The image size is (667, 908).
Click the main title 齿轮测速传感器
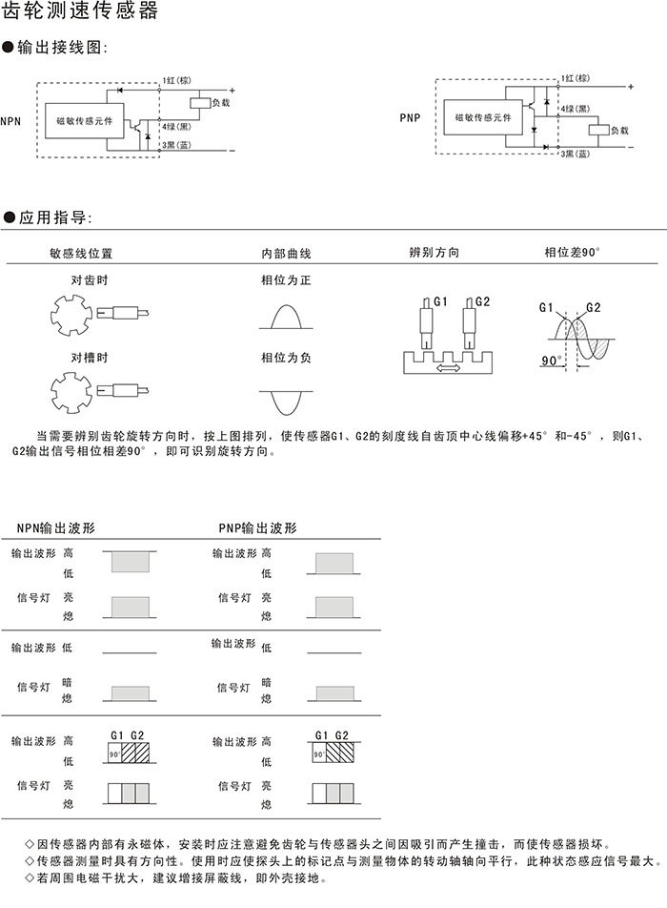coord(82,13)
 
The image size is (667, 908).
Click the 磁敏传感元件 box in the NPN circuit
coord(85,121)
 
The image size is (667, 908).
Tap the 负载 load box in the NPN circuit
coord(200,101)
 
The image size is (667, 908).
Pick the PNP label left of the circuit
coord(410,118)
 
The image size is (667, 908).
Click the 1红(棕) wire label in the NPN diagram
coord(179,80)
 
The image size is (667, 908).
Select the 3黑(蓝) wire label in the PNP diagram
coord(576,154)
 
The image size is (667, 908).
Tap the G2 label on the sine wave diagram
coord(593,307)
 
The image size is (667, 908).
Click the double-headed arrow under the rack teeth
coord(446,367)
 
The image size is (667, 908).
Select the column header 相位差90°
coord(573,253)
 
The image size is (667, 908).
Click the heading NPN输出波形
coord(56,527)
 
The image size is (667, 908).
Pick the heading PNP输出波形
coord(258,527)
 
